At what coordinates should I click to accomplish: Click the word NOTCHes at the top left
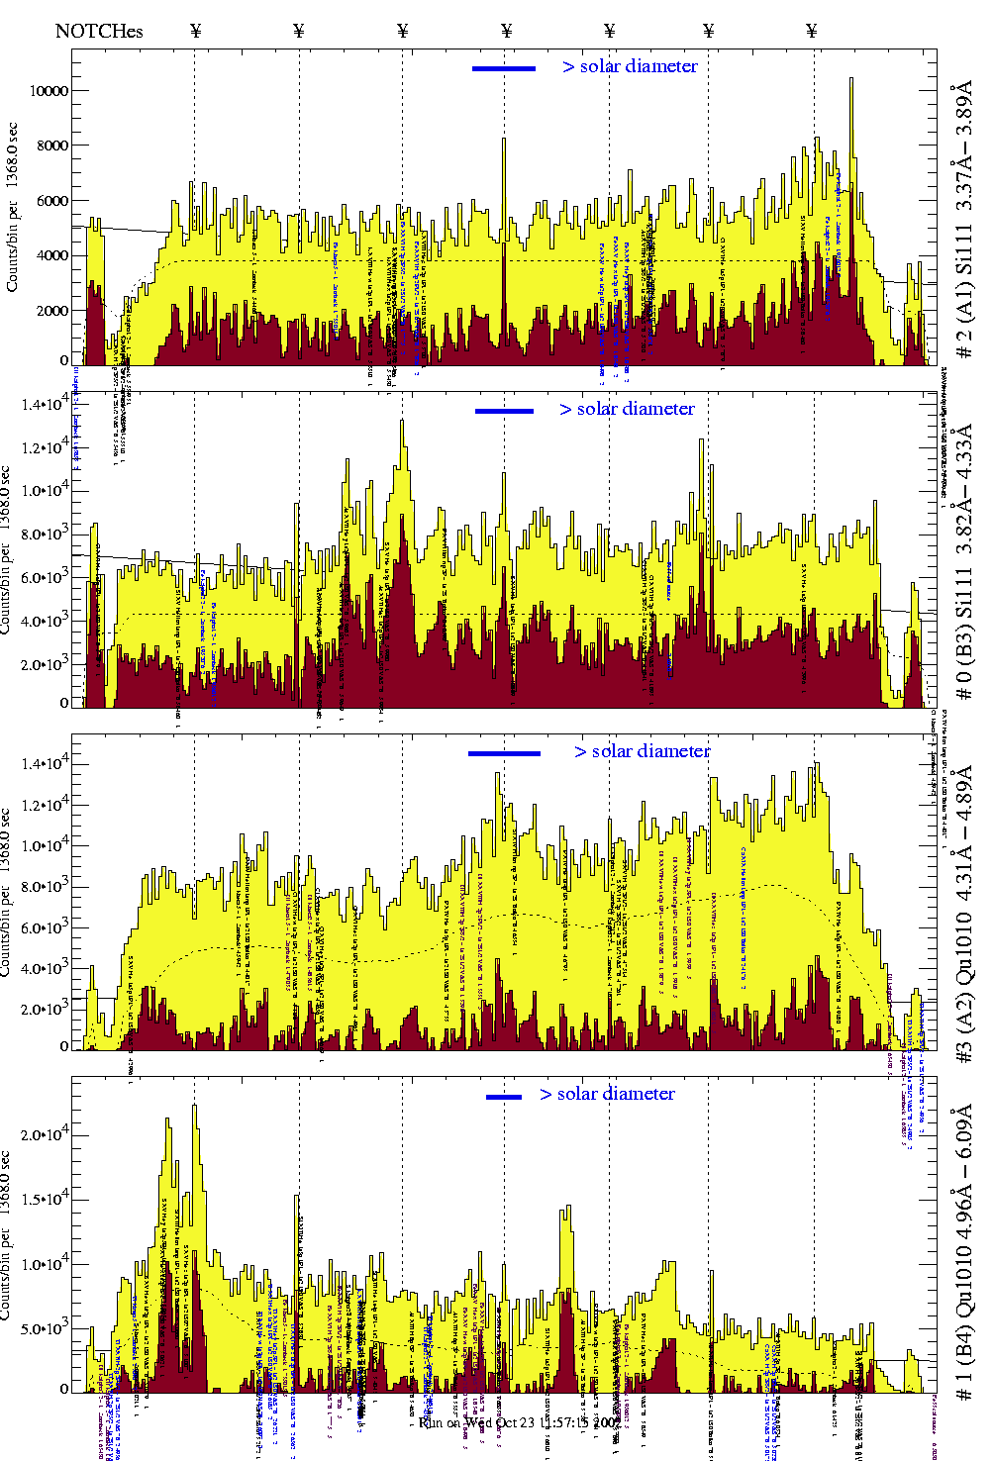click(99, 31)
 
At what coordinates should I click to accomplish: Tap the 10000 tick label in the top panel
click(49, 91)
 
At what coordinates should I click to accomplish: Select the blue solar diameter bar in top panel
click(503, 68)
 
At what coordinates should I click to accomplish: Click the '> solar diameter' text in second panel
click(627, 409)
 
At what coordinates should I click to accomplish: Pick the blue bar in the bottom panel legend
click(504, 1097)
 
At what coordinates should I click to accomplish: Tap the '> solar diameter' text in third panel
click(642, 751)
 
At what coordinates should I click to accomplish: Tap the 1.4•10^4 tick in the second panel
click(44, 404)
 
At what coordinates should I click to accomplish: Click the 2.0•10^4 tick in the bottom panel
click(44, 1134)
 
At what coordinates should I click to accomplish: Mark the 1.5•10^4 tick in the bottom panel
click(44, 1200)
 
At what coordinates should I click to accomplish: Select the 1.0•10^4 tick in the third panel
click(44, 846)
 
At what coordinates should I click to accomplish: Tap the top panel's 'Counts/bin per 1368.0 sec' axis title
click(12, 208)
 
